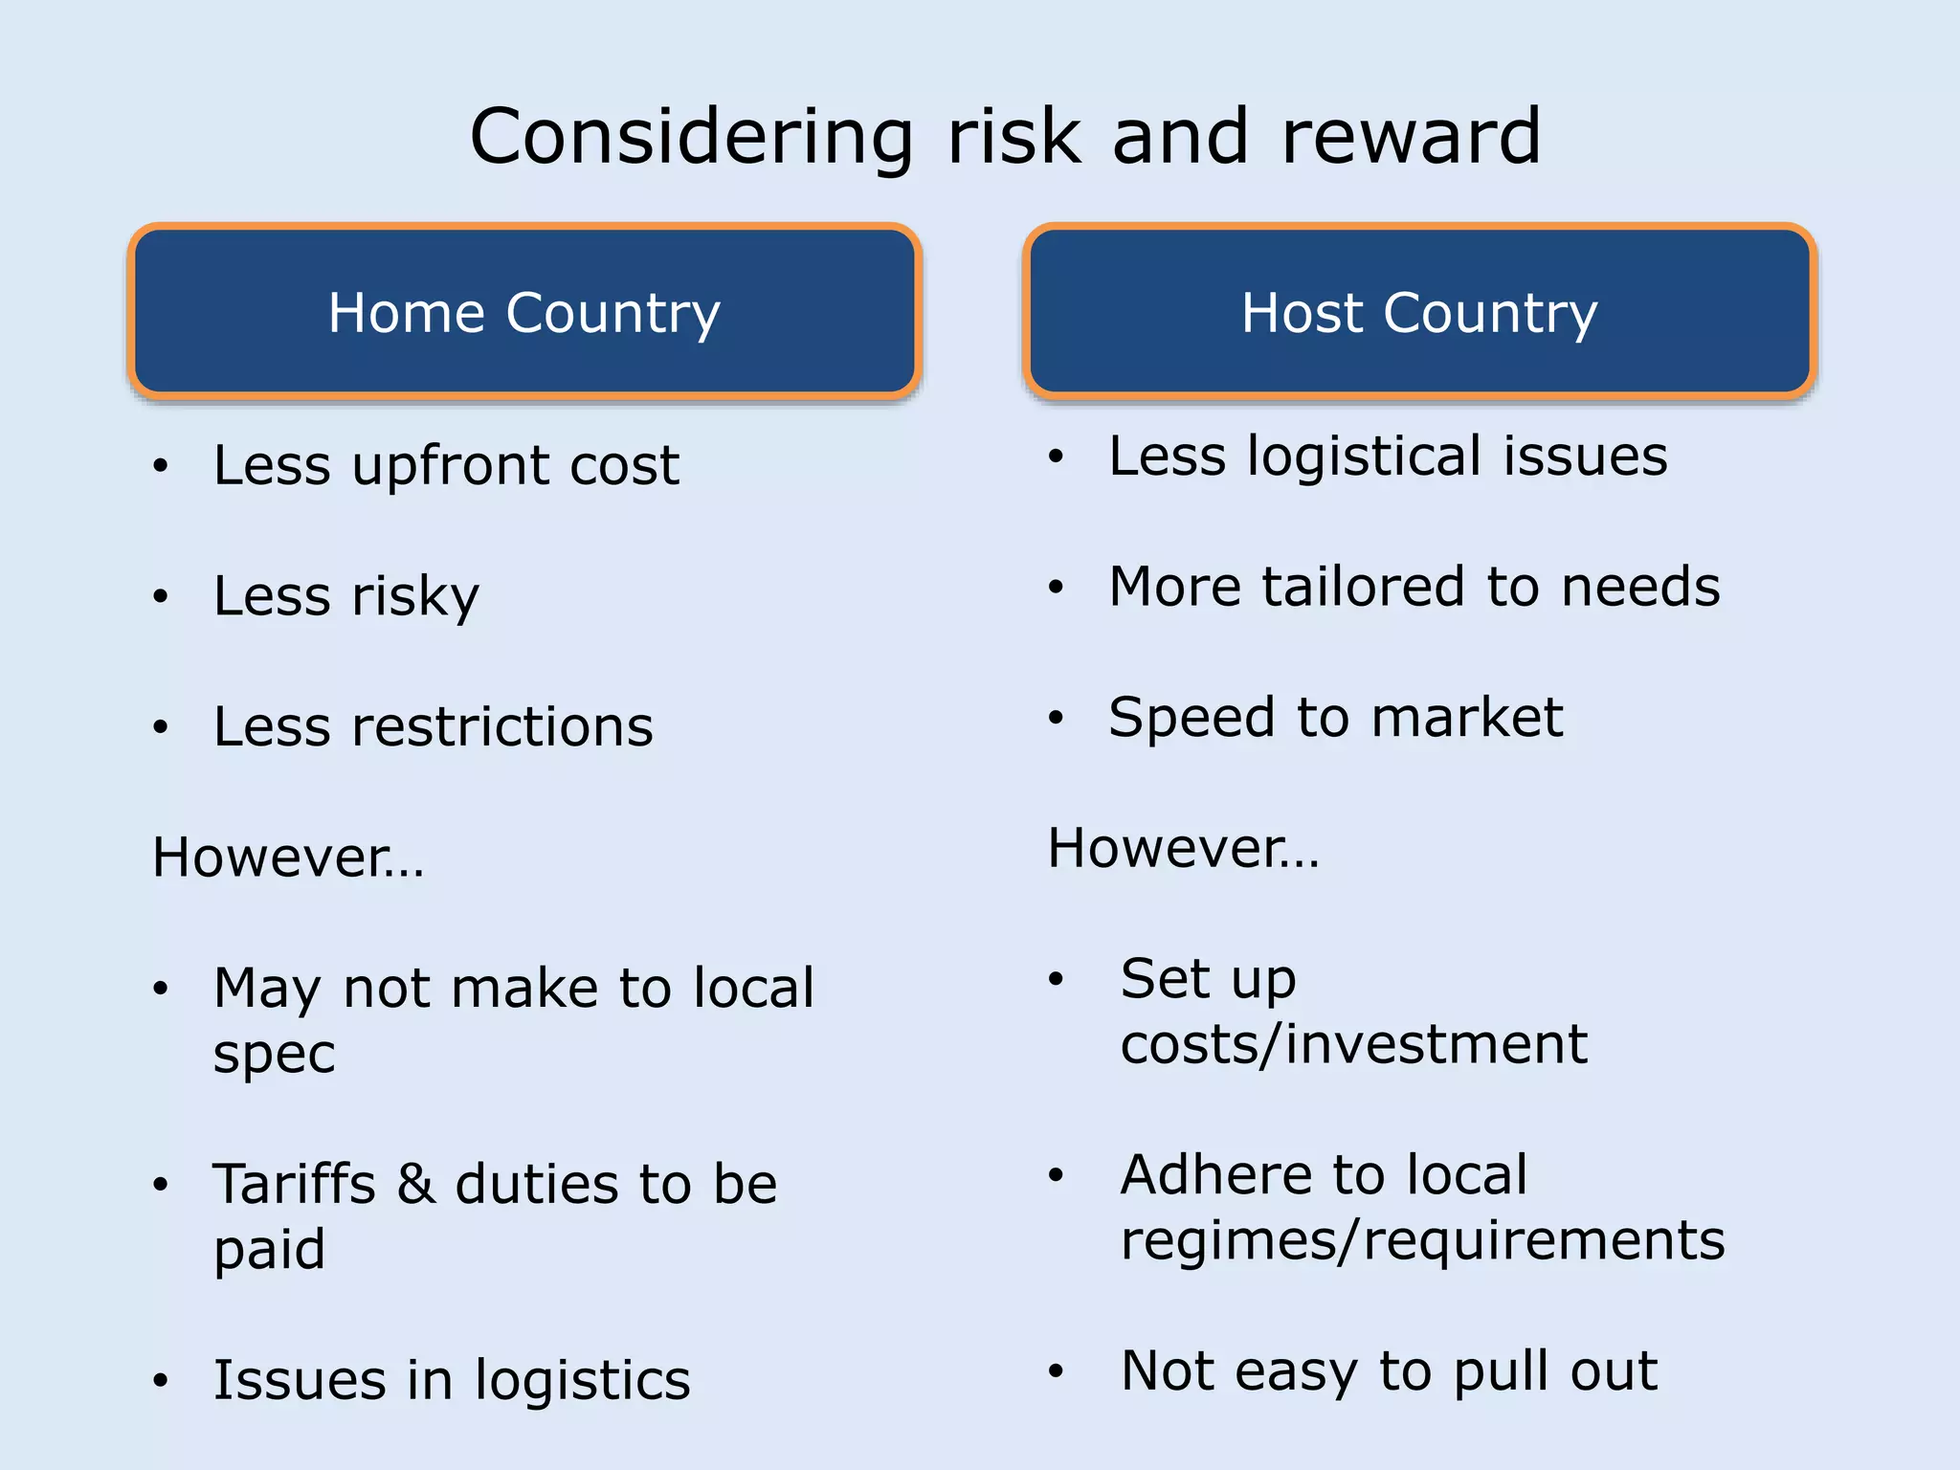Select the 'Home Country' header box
523,312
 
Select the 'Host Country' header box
1419,312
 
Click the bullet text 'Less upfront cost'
446,466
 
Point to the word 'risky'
415,597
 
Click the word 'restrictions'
503,727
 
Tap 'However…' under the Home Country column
288,857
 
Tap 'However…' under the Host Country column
1183,849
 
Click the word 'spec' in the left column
274,1056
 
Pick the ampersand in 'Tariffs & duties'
416,1185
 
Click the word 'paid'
269,1251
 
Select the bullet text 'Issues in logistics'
451,1381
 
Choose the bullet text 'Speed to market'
1335,718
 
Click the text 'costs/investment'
1353,1044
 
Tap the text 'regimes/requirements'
1422,1241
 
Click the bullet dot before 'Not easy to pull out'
1056,1371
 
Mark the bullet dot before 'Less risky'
161,597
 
